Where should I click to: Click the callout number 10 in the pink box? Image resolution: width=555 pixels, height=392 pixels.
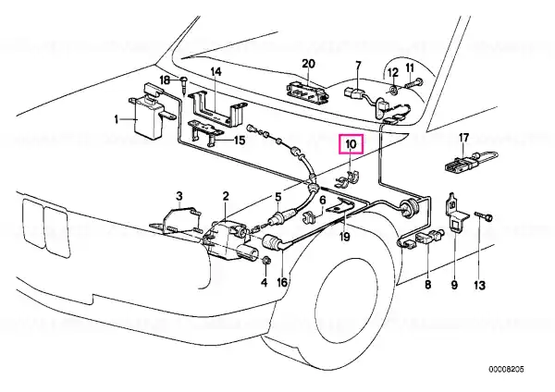(x=351, y=144)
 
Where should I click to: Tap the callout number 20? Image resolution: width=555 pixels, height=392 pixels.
(x=308, y=64)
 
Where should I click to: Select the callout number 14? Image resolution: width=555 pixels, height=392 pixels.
(x=216, y=72)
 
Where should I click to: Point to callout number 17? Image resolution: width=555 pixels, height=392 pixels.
(x=463, y=138)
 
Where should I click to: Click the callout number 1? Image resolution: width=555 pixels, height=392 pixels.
(x=117, y=119)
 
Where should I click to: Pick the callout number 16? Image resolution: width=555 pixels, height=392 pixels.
(x=282, y=282)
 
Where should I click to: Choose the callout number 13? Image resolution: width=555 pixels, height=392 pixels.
(x=479, y=285)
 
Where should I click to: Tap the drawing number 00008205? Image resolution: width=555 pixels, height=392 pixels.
(x=507, y=370)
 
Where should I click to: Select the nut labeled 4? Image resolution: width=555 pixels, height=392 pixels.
(x=265, y=262)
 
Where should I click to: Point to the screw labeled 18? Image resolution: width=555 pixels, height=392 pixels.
(x=184, y=85)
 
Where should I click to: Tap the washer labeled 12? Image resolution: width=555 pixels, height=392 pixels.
(x=393, y=91)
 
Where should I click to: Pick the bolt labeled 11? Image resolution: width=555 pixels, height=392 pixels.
(x=413, y=84)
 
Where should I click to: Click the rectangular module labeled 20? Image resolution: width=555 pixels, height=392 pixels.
(x=308, y=92)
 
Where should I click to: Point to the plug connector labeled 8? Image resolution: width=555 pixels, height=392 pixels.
(x=426, y=237)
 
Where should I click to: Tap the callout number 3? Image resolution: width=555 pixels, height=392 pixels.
(x=179, y=196)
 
